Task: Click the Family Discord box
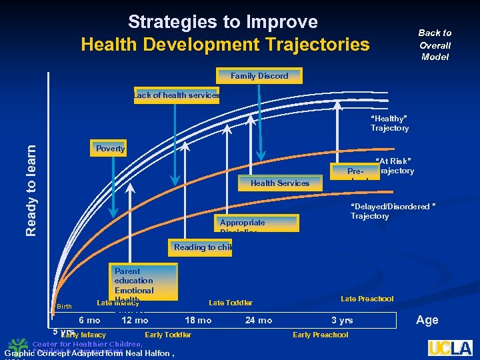tap(259, 76)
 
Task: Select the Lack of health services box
tap(177, 95)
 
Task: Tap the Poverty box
tap(110, 148)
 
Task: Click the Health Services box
tap(279, 183)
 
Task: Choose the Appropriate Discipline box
tap(258, 223)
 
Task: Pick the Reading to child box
tap(201, 247)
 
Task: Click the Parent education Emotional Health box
tap(144, 282)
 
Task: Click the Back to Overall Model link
tap(435, 45)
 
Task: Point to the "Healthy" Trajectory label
tap(389, 123)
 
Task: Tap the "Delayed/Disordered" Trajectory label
tap(393, 211)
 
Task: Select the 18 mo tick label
tap(198, 321)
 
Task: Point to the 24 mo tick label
tap(259, 321)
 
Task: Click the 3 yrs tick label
tap(342, 321)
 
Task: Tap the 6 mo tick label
tap(89, 321)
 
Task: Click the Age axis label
tap(427, 320)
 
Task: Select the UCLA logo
tap(450, 347)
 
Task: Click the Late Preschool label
tap(367, 299)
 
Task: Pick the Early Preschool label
tap(320, 335)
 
